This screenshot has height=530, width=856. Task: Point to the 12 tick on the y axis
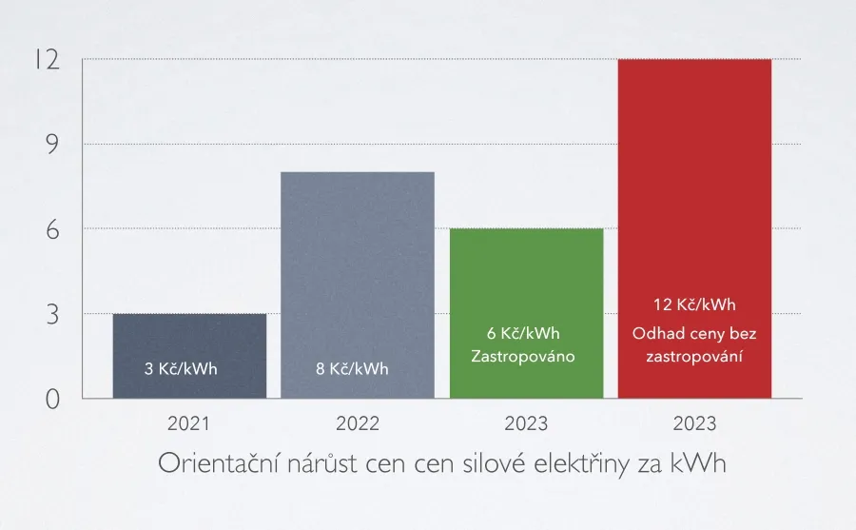(x=47, y=60)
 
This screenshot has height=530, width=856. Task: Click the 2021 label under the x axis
(x=189, y=423)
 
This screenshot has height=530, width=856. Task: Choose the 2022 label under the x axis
(x=358, y=423)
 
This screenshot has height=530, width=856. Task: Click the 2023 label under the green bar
(x=526, y=423)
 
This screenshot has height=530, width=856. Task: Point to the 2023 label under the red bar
(x=694, y=423)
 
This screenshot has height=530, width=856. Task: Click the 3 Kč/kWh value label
(x=181, y=368)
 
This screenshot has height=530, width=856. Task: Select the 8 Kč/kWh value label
(x=352, y=368)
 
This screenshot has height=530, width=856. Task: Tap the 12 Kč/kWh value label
(x=694, y=305)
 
